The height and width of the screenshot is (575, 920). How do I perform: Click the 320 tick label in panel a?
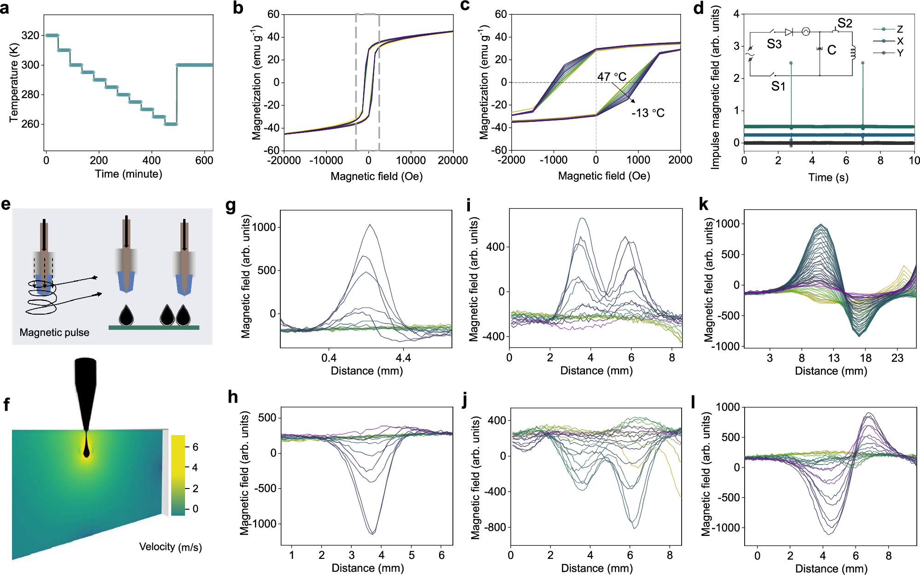tap(30, 35)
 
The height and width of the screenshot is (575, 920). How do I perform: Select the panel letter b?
tap(238, 8)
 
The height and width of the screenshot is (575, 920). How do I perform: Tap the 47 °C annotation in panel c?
tap(612, 77)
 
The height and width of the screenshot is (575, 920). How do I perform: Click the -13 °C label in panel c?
tap(648, 113)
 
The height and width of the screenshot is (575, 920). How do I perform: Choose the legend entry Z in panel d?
tap(900, 29)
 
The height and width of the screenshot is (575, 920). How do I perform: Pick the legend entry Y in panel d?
tap(900, 53)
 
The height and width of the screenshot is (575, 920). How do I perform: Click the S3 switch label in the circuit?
tap(774, 44)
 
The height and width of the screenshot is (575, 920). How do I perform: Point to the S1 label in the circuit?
tap(778, 86)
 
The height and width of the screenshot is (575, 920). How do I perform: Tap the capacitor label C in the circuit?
tap(832, 50)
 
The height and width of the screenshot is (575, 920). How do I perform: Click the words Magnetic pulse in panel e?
tap(54, 333)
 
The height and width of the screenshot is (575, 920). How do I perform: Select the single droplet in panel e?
tap(126, 316)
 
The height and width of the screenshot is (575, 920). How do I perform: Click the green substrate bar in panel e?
tap(154, 328)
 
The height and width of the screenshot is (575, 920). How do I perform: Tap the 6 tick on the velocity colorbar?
tap(195, 447)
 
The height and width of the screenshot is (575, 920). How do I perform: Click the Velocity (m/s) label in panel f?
tap(170, 547)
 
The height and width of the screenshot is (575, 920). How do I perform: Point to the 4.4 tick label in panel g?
tap(403, 358)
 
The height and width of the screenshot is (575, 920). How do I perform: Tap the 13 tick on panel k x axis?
tap(833, 358)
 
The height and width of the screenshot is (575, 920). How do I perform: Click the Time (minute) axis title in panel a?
tap(128, 174)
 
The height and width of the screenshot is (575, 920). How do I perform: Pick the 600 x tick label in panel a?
tap(204, 161)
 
